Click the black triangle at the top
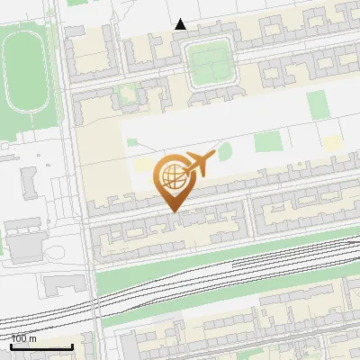pos(181,24)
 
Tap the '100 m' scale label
pos(24,338)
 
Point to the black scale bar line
pos(41,346)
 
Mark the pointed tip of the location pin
pos(172,211)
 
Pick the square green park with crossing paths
pos(209,62)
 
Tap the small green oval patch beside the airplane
pos(224,150)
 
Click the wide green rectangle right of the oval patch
pos(266,141)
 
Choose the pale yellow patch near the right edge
pos(333,142)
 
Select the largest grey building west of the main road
pos(22,239)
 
